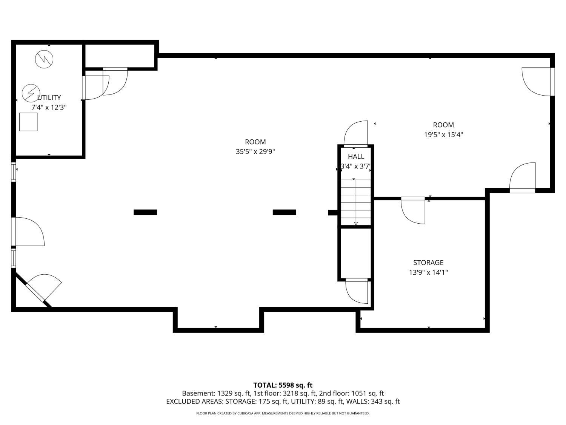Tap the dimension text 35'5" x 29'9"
255,152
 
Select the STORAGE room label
428,263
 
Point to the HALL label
356,156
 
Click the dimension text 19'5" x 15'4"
443,134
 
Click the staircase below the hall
356,202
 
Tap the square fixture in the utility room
28,122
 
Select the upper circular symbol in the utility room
44,59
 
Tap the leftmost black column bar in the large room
145,212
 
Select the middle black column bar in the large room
284,212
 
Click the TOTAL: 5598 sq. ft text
283,385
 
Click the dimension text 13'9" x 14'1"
428,272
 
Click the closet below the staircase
355,253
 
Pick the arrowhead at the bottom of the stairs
356,224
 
